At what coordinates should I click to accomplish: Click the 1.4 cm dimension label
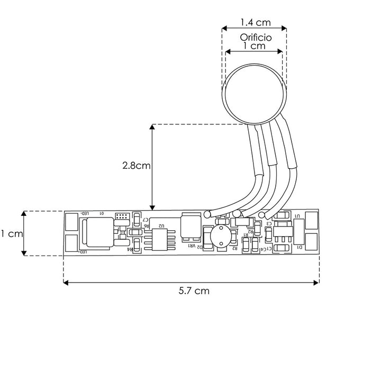click(x=256, y=22)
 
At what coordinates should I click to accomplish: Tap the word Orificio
click(x=256, y=38)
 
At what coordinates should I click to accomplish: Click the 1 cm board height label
click(x=11, y=233)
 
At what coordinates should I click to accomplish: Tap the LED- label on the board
click(x=85, y=213)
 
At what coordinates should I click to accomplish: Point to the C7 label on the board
click(x=145, y=219)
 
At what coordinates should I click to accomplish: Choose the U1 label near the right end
click(x=297, y=216)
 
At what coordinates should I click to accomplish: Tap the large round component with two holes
click(x=220, y=237)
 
